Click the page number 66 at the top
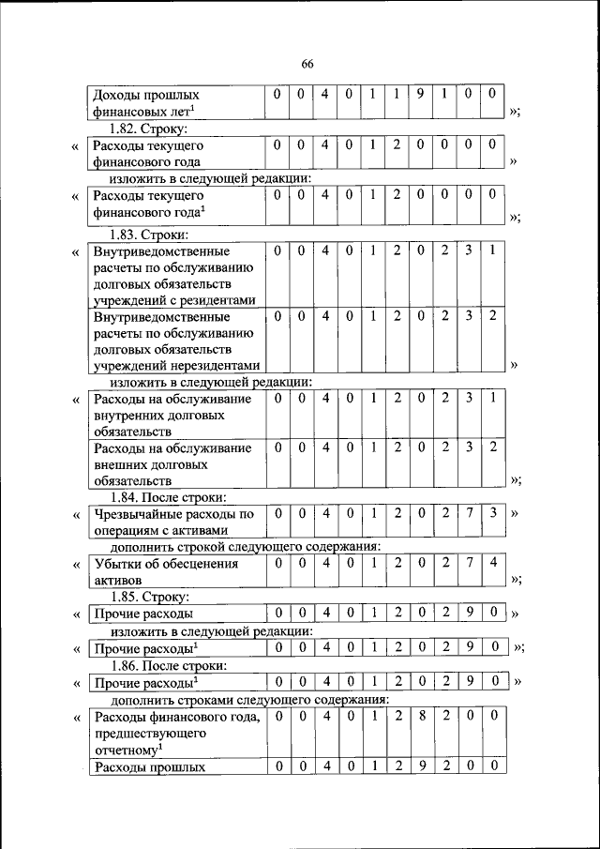point(307,64)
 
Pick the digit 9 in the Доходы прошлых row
point(421,94)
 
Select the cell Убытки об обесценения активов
point(166,572)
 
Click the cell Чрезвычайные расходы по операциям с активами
point(174,523)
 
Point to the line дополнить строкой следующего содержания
point(245,546)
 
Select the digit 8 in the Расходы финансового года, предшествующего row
point(421,717)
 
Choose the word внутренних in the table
point(131,416)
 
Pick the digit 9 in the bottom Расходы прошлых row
point(421,766)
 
